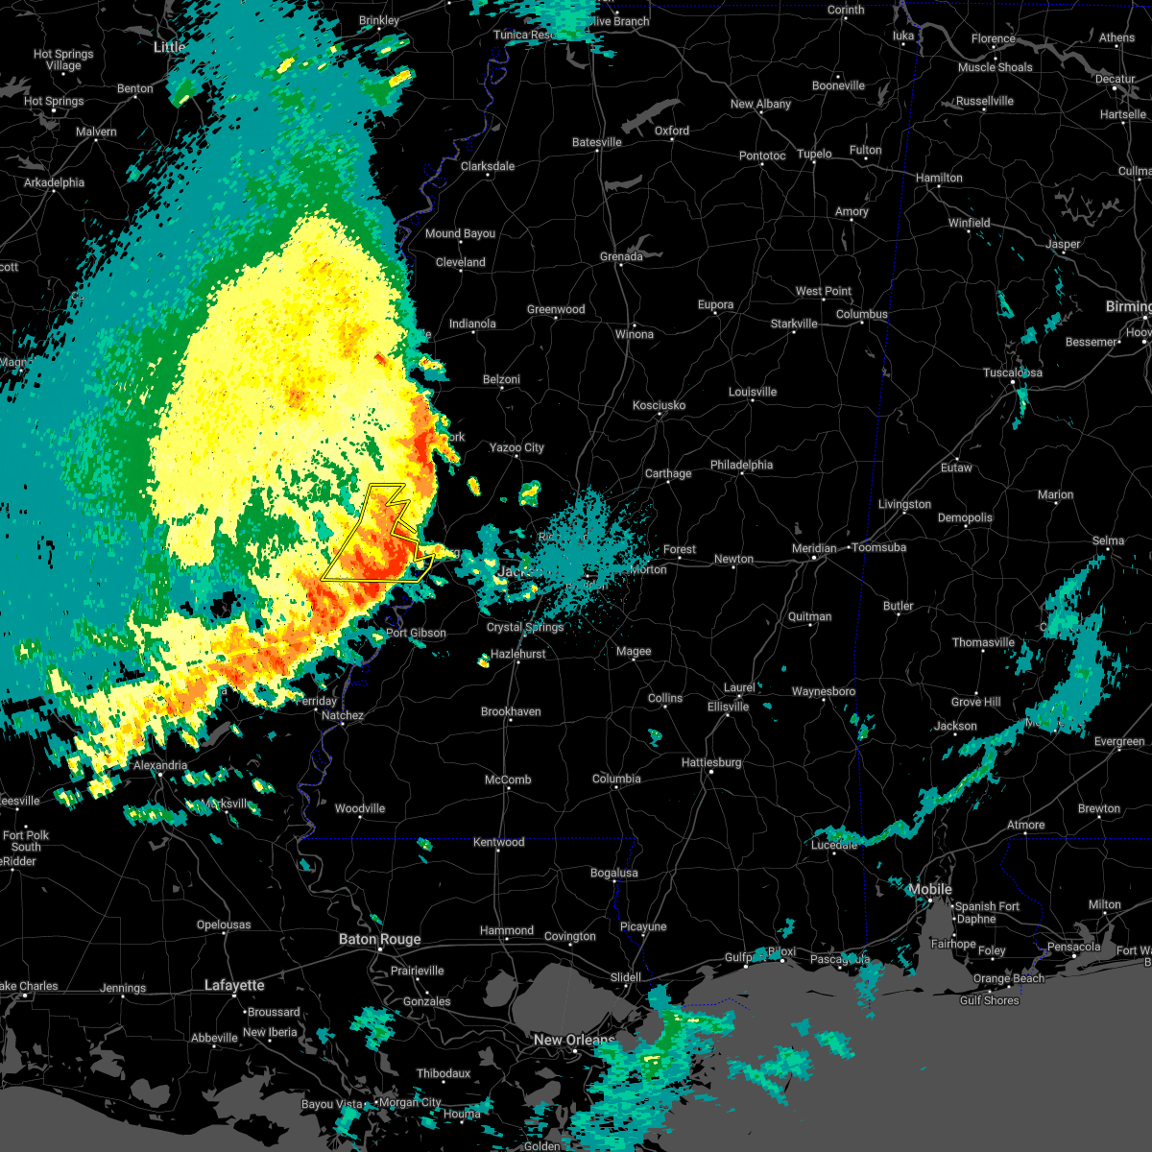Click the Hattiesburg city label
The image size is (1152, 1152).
[x=711, y=762]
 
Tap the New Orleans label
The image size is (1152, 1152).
[x=574, y=1040]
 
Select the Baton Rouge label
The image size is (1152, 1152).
[x=379, y=939]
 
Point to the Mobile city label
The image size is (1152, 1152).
[x=930, y=889]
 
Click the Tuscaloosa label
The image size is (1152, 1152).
[x=1013, y=372]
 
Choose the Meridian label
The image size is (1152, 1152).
[x=813, y=548]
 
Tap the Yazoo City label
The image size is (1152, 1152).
[x=516, y=447]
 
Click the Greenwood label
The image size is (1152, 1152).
[x=556, y=309]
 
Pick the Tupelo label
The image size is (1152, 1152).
[x=814, y=154]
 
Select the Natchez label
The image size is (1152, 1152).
[x=343, y=715]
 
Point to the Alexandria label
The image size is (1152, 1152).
[x=160, y=765]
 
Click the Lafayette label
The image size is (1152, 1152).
[x=235, y=985]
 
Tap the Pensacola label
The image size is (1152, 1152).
[x=1073, y=947]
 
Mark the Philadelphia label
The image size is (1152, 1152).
[x=741, y=465]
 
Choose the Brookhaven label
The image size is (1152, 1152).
[x=511, y=711]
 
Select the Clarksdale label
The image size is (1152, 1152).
[x=488, y=166]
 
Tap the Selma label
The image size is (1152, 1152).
[x=1108, y=540]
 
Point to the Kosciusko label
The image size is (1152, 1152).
[x=659, y=405]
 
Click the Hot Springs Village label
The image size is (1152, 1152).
[x=63, y=60]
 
